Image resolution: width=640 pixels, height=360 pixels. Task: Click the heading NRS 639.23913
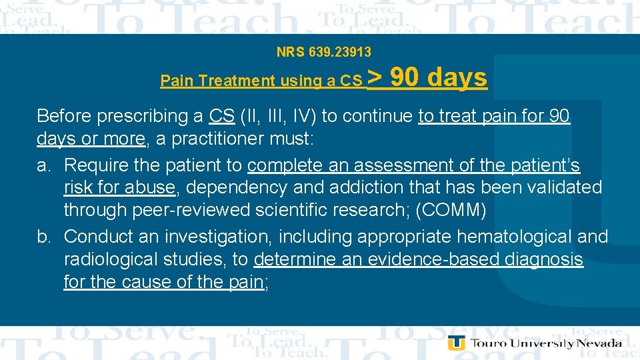coord(324,51)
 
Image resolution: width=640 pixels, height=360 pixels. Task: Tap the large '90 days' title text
coord(439,78)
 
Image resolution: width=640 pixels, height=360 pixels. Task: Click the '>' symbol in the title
coord(375,78)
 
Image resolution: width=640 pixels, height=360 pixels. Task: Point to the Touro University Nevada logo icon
coord(456,343)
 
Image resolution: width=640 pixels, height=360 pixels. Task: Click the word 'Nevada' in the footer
coord(599,343)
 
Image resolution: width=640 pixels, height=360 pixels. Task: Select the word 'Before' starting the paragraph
coord(64,116)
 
